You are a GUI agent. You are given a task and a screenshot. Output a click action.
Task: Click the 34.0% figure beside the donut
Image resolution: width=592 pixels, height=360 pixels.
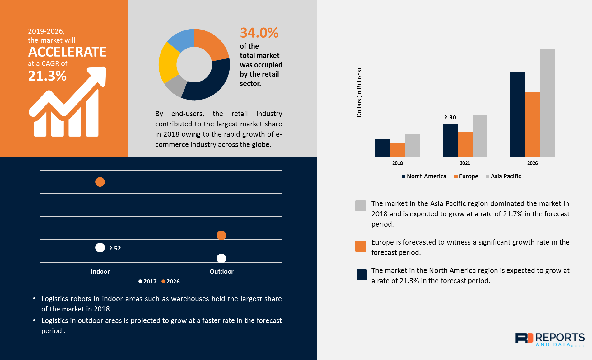click(259, 33)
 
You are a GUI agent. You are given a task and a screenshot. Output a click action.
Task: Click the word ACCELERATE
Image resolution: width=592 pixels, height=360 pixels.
click(67, 52)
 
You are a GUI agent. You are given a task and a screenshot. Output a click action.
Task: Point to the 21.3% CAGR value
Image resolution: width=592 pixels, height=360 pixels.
click(47, 76)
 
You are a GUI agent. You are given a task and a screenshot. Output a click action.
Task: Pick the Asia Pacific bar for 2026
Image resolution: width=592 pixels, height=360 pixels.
click(547, 103)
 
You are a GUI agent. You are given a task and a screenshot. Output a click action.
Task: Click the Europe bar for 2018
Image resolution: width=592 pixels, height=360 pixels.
click(397, 150)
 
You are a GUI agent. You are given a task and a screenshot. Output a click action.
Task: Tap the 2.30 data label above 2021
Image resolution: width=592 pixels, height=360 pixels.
click(450, 118)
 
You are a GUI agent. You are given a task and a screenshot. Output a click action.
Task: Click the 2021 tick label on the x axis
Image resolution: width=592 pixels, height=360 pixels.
click(465, 163)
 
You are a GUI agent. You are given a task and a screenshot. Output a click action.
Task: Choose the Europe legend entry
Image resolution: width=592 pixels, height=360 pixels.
click(466, 176)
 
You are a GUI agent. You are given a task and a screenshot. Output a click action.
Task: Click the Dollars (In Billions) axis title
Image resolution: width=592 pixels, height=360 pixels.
click(359, 93)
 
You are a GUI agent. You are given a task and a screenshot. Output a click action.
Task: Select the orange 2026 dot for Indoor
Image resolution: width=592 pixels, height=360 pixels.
click(100, 182)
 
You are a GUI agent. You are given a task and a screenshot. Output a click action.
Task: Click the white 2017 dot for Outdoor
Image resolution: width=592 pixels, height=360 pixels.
click(221, 258)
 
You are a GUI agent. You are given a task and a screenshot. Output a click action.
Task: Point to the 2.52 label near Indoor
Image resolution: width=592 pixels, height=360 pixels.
click(114, 248)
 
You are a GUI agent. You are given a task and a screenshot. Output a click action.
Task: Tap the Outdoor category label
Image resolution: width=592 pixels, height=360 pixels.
click(221, 271)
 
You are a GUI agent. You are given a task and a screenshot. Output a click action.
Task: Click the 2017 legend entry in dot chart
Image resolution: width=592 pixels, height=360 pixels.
click(147, 281)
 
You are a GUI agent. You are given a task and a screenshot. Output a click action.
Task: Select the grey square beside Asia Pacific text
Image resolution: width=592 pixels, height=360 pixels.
click(360, 206)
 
